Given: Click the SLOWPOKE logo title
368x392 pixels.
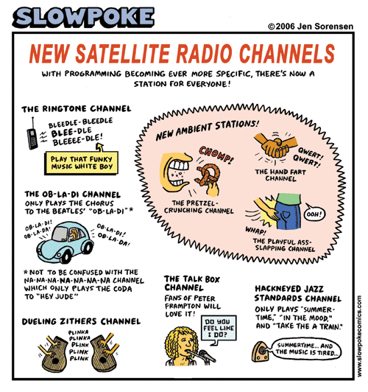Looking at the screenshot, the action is point(83,17).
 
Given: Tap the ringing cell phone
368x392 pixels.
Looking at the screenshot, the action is point(32,136).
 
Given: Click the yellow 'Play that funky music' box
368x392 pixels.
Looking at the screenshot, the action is point(82,163).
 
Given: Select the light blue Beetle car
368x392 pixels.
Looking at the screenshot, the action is point(66,242).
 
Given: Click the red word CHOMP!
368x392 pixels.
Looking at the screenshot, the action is point(216,154).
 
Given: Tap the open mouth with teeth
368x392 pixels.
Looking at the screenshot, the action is point(176,173).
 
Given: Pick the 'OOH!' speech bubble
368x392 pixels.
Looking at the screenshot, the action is point(315,214).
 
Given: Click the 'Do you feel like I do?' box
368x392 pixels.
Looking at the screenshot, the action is point(219,328).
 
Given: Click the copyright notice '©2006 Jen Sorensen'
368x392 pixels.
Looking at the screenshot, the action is point(311,27).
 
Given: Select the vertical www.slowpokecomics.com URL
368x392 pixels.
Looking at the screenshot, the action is point(359,336).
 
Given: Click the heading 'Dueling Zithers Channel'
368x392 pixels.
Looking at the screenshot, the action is point(81,321).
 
